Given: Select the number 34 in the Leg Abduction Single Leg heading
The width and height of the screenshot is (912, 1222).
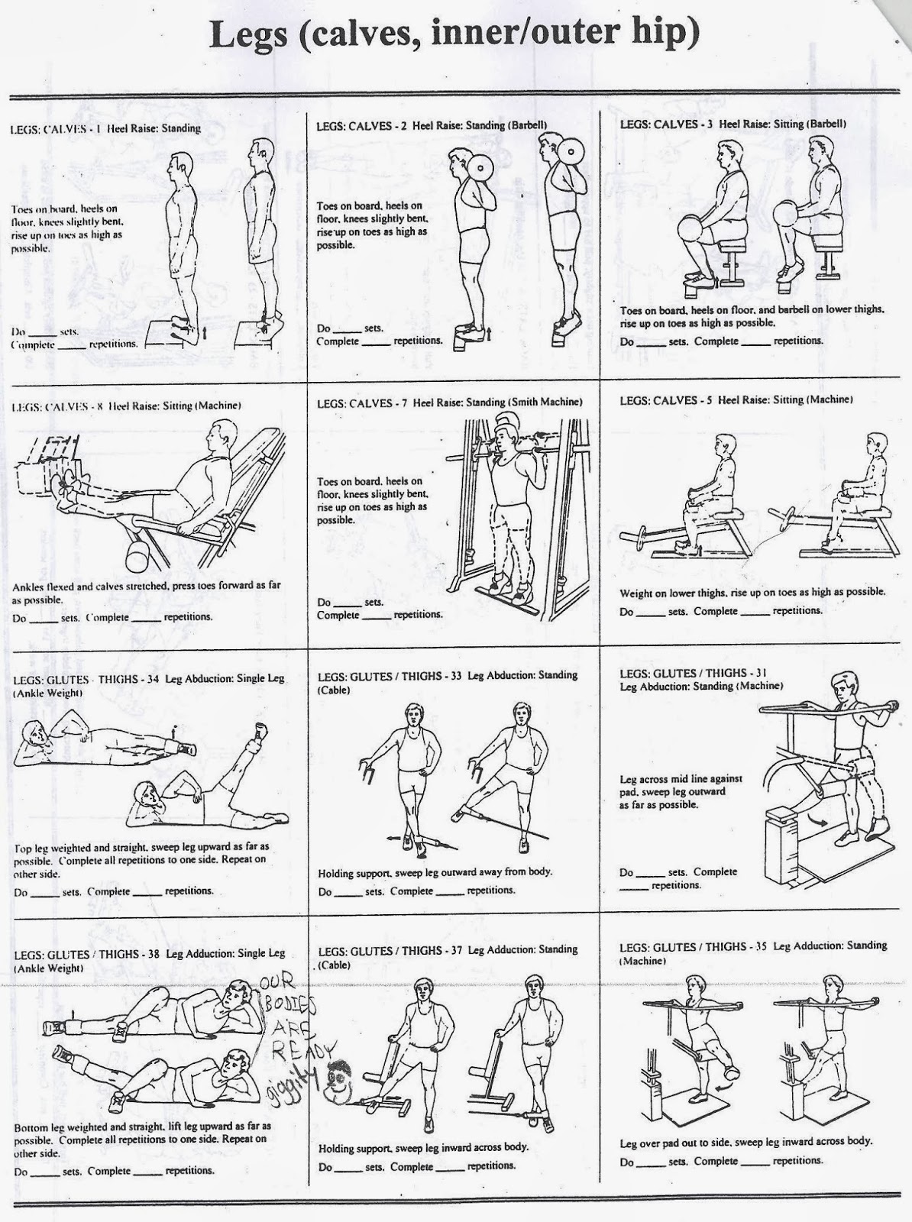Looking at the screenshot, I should (152, 679).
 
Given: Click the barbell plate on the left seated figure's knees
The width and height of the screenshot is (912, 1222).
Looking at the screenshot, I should (693, 232).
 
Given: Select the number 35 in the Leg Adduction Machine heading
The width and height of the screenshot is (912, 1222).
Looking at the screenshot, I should (759, 946).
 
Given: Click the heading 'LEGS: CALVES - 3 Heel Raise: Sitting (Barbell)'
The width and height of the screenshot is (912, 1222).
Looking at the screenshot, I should (733, 124).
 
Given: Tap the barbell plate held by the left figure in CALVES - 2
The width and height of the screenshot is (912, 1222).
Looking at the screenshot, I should (480, 166).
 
